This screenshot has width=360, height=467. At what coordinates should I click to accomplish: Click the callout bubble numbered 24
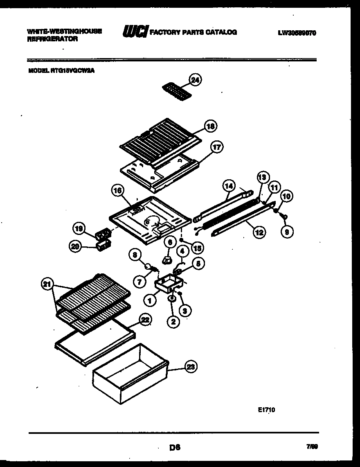(196, 80)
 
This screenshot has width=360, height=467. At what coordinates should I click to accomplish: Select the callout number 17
(216, 147)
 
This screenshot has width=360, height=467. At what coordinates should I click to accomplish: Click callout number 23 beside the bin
(190, 367)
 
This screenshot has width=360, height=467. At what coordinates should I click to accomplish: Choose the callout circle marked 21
(48, 283)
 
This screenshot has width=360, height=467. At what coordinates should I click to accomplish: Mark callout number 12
(259, 232)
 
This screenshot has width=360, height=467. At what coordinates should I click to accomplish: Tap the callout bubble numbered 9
(287, 232)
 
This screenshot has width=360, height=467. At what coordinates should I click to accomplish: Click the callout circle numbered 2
(173, 322)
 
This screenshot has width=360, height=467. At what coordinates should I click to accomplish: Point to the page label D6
(175, 448)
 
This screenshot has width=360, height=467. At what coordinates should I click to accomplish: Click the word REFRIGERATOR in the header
(52, 39)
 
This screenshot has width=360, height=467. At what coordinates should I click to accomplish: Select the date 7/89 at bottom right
(311, 447)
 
